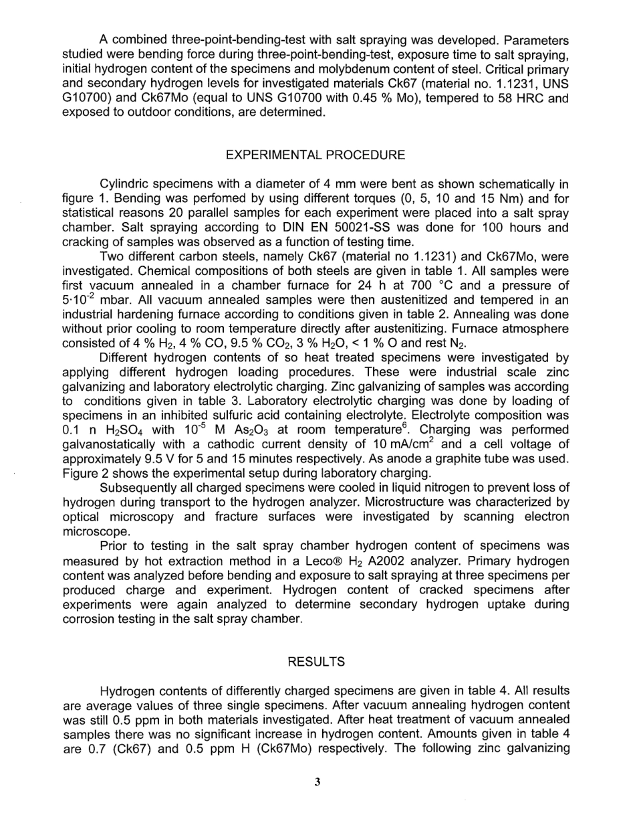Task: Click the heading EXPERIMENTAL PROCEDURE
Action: click(315, 155)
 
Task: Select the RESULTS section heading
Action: click(316, 662)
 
